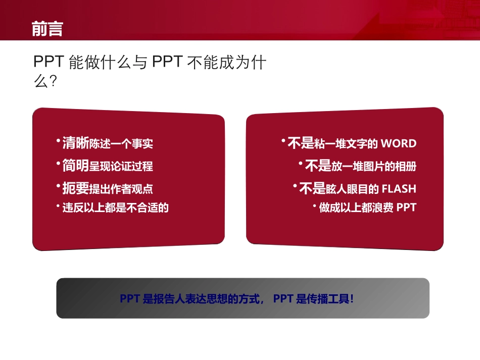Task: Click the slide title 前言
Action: [x=47, y=29]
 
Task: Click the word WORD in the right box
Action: [x=399, y=144]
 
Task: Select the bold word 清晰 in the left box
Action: [x=75, y=143]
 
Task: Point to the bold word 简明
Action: [x=75, y=166]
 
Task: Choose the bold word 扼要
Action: [x=75, y=189]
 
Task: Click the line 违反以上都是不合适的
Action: [x=115, y=208]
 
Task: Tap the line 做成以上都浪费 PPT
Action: [x=367, y=208]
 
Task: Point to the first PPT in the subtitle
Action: [x=48, y=62]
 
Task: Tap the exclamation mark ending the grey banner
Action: [x=352, y=299]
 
